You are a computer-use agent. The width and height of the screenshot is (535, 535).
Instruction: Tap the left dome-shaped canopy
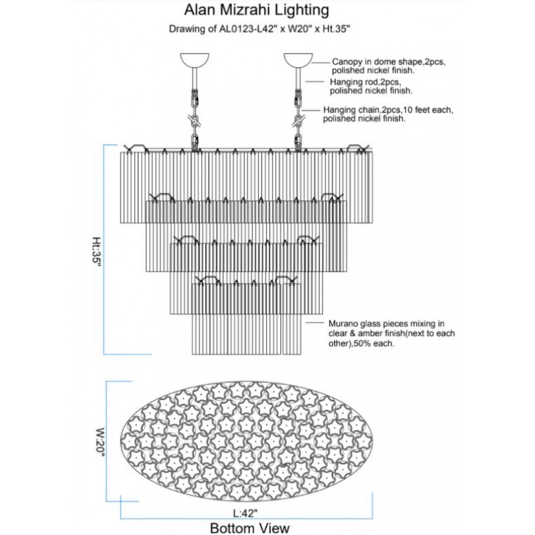click(195, 60)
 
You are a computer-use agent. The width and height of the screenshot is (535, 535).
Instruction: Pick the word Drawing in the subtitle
click(187, 29)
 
